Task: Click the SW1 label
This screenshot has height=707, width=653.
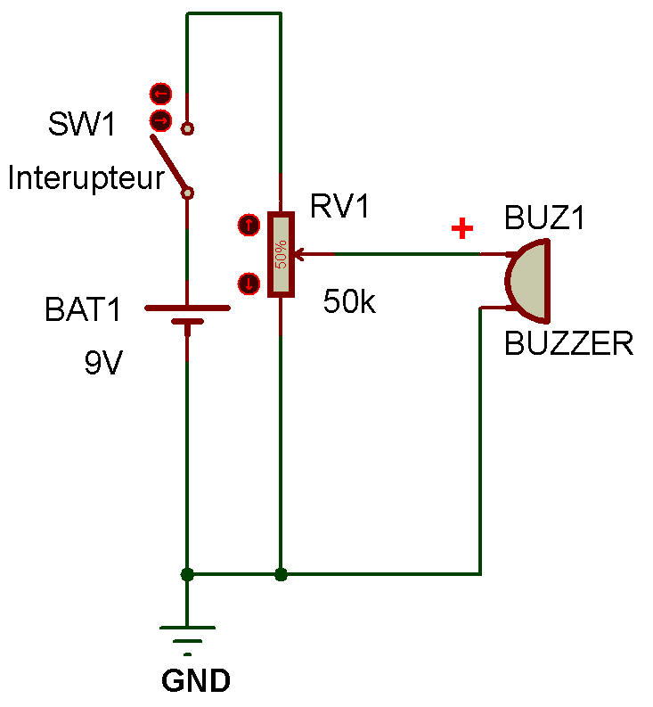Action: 82,126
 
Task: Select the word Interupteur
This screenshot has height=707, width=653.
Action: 86,178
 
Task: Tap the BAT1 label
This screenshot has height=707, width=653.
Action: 82,311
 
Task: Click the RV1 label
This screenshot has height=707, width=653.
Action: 339,207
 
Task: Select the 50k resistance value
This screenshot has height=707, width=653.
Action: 350,301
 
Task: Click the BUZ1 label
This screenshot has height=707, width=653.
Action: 544,218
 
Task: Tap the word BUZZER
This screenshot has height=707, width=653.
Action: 568,343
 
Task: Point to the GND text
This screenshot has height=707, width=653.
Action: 196,682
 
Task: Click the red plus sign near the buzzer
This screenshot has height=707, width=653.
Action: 461,230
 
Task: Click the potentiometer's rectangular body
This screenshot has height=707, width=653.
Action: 281,254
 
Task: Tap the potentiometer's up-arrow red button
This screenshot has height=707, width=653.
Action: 248,225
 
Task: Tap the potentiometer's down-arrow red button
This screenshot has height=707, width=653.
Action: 248,284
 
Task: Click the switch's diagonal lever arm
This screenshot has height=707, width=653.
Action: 168,164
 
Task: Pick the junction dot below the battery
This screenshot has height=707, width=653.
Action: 187,574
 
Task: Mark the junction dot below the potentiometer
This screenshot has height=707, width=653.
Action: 281,574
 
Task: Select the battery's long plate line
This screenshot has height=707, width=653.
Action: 187,308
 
